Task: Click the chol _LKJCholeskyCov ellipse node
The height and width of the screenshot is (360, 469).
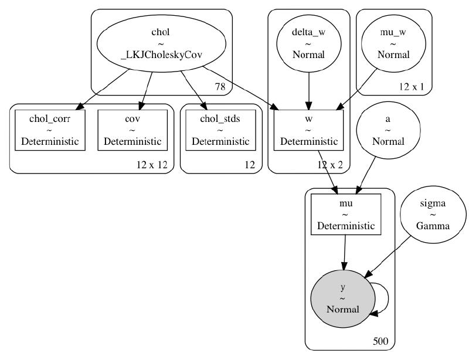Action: [161, 44]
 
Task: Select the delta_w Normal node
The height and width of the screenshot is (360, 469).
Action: [309, 44]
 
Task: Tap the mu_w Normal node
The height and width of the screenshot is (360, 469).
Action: [393, 44]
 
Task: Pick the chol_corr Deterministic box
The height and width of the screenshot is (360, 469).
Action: [50, 130]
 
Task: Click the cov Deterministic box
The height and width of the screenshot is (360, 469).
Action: [132, 130]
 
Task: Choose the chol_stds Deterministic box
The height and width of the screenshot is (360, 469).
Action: [220, 130]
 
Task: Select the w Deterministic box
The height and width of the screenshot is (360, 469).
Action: [309, 130]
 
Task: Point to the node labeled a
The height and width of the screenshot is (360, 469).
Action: [388, 130]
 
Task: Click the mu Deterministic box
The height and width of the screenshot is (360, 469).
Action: [346, 214]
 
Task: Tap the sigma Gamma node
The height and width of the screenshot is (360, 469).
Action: [433, 214]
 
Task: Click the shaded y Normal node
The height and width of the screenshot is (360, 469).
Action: [343, 298]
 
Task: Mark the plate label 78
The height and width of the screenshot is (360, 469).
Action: [220, 87]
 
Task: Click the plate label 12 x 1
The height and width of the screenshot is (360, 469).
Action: [412, 87]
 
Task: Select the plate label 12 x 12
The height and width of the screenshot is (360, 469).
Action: [152, 165]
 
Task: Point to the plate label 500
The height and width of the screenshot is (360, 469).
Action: [380, 341]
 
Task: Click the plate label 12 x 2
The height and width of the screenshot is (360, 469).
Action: [330, 165]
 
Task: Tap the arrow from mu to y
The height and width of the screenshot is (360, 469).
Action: [345, 252]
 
